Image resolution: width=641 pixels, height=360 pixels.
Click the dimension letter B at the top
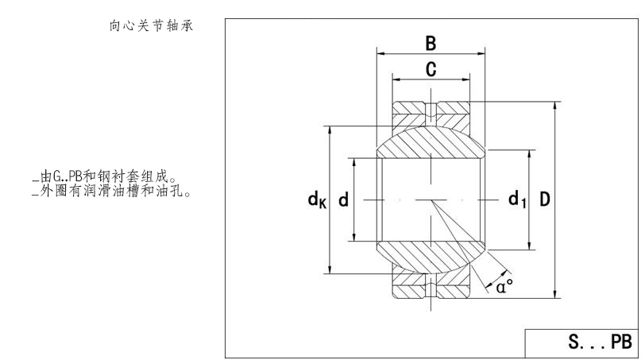coord(431,42)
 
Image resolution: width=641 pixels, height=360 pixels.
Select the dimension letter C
coord(431,70)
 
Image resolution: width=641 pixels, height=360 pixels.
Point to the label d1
coord(517,199)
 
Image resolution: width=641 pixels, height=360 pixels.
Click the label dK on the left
coord(317,200)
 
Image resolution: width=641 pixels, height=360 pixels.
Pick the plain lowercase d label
coord(343,199)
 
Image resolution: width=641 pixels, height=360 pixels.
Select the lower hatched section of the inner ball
coord(431,256)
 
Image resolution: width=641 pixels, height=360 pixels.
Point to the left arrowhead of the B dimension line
coord(380,54)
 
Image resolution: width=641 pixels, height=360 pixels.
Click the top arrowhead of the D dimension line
coord(554,106)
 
